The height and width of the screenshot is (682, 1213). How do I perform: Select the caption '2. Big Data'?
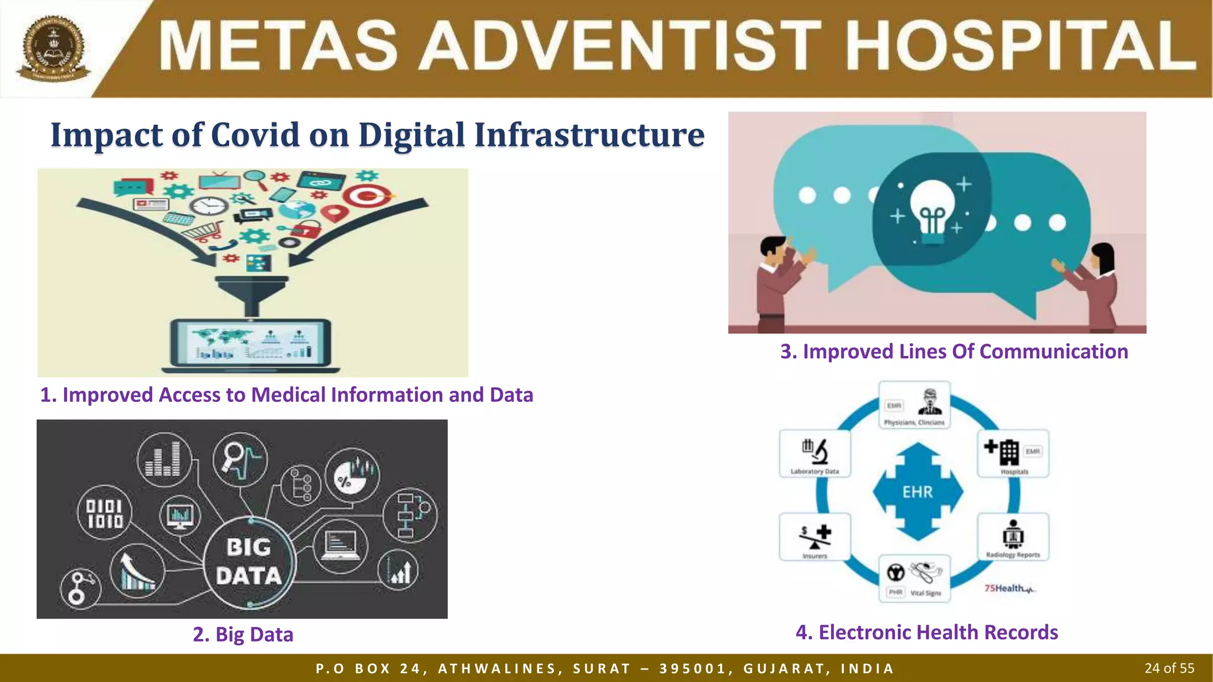[243, 634]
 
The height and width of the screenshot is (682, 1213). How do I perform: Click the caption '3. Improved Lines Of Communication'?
[954, 352]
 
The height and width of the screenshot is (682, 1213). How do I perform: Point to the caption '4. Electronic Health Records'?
[926, 632]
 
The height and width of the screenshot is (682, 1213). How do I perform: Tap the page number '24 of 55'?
[1169, 668]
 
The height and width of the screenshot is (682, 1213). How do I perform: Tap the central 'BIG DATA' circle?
[248, 562]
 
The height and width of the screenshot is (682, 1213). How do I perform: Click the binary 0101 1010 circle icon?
[105, 513]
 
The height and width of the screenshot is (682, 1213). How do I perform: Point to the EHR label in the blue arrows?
[917, 492]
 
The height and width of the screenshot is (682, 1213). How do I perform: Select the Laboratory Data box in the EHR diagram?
[815, 454]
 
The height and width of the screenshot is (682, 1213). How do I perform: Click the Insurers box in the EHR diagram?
[815, 537]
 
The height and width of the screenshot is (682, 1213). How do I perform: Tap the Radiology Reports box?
[1013, 537]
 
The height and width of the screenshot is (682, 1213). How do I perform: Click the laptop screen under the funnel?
[251, 343]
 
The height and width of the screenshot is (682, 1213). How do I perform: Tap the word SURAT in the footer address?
[601, 669]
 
